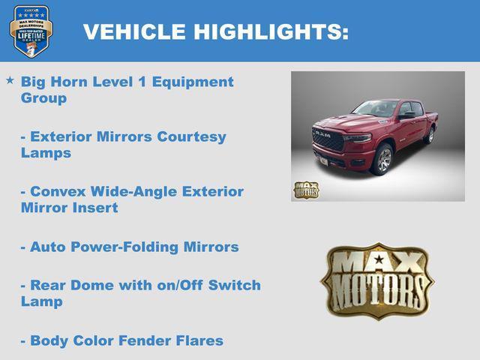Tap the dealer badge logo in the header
(31, 31)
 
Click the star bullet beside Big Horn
(10, 79)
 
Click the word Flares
(202, 340)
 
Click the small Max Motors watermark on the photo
(306, 190)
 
